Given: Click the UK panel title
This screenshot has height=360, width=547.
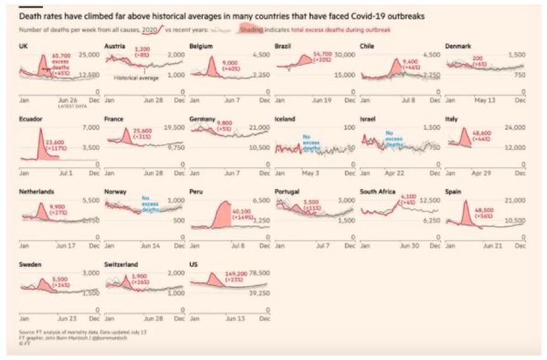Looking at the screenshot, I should (24, 47).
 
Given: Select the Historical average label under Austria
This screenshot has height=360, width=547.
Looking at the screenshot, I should (137, 78).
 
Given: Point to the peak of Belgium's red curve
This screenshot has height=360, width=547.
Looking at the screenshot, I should (211, 58).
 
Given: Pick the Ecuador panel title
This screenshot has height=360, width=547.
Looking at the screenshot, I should (29, 119).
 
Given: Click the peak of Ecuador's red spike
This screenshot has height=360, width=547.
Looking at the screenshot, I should (40, 129).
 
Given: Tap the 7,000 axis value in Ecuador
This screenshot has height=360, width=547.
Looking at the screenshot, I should (91, 127).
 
